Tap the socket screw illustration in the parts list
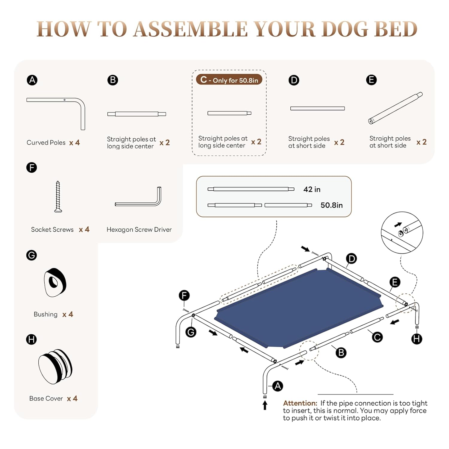point(58,197)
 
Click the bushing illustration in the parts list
point(55,282)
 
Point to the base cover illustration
point(55,366)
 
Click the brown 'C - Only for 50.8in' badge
point(229,80)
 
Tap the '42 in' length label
point(312,189)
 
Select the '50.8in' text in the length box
point(331,205)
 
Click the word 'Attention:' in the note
point(300,403)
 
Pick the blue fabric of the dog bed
point(299,308)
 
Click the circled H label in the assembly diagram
point(417,339)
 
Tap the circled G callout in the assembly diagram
point(191,332)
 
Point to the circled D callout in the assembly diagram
point(351,259)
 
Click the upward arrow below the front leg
point(265,405)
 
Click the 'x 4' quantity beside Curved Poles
point(75,142)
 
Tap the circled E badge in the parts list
point(371,80)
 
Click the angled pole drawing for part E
point(395,108)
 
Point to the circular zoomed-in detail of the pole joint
point(402,233)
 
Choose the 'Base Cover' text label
point(46,398)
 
